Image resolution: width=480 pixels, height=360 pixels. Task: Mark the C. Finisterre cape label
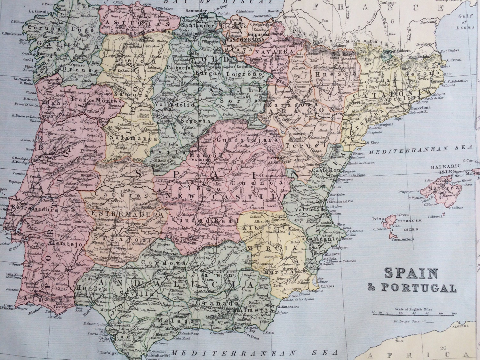click(12, 33)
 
